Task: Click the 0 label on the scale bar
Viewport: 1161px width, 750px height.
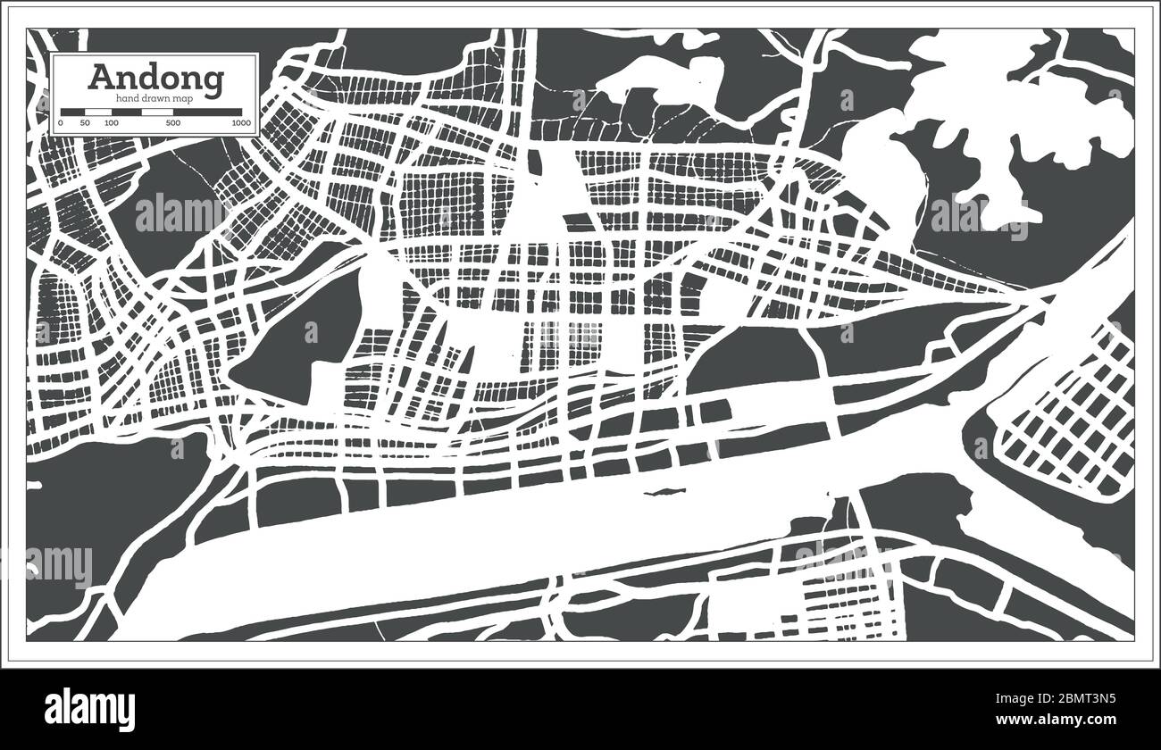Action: pyautogui.click(x=61, y=122)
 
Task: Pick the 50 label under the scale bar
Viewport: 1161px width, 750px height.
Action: pyautogui.click(x=85, y=122)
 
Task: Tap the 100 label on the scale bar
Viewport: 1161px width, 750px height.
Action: pyautogui.click(x=112, y=122)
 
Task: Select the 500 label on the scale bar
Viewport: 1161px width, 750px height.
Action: pyautogui.click(x=173, y=122)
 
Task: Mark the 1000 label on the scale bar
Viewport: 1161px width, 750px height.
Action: pyautogui.click(x=240, y=122)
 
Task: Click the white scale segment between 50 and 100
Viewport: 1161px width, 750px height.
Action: pyautogui.click(x=97, y=112)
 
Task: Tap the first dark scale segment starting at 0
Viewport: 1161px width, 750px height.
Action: pyautogui.click(x=72, y=112)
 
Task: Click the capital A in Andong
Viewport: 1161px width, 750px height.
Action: pyautogui.click(x=100, y=77)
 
